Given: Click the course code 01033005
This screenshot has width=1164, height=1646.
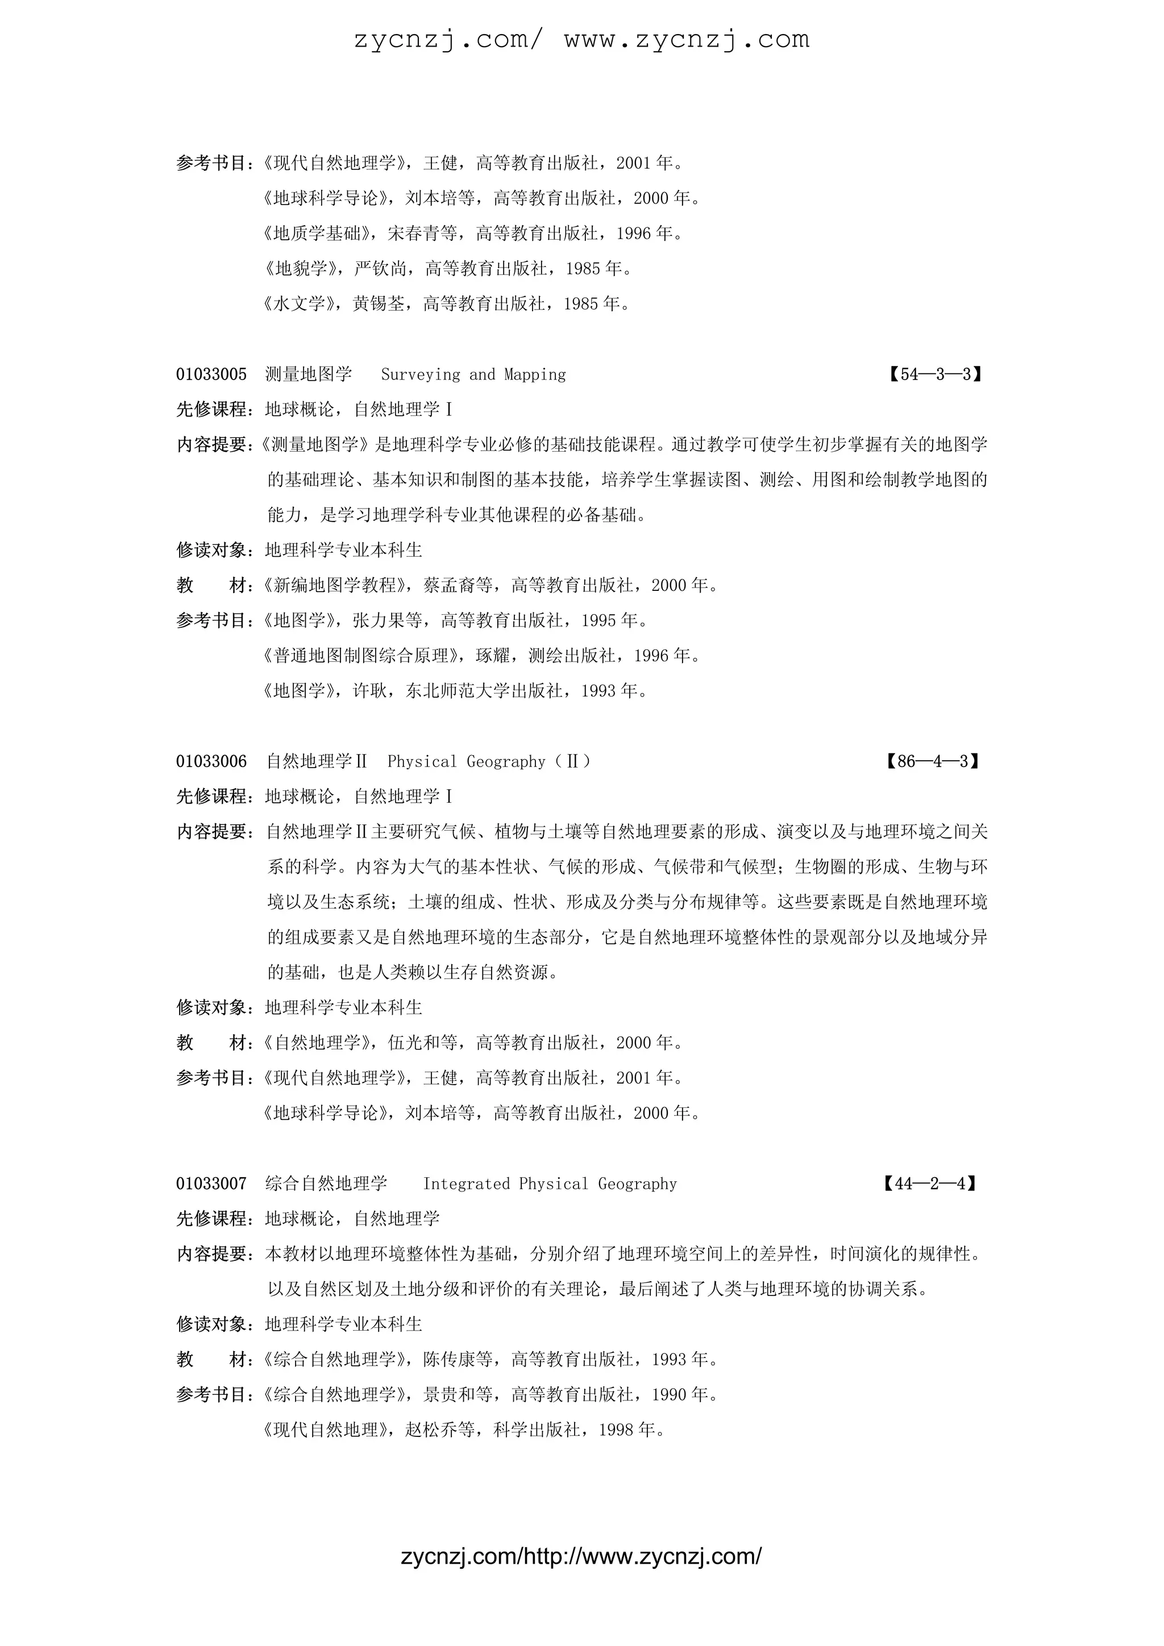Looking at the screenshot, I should coord(211,374).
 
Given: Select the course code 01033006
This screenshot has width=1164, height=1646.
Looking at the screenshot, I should coord(211,761).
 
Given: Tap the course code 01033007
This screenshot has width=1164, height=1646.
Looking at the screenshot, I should coord(211,1184).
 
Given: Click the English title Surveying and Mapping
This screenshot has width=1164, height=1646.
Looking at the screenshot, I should coord(473,374).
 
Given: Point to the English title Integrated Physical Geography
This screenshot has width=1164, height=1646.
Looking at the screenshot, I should coord(550,1184).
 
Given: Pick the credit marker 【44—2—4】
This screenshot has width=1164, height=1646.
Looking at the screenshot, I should coord(930,1184).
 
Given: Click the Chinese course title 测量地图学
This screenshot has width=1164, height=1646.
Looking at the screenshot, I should coord(309,374).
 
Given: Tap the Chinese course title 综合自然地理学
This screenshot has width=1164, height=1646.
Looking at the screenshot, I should coord(326,1184).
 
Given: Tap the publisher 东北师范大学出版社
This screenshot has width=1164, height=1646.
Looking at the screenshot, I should coord(484,691).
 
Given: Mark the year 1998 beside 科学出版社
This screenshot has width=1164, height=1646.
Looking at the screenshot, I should coord(616,1430).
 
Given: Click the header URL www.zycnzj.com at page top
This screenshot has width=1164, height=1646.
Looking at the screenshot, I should coord(687,39).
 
